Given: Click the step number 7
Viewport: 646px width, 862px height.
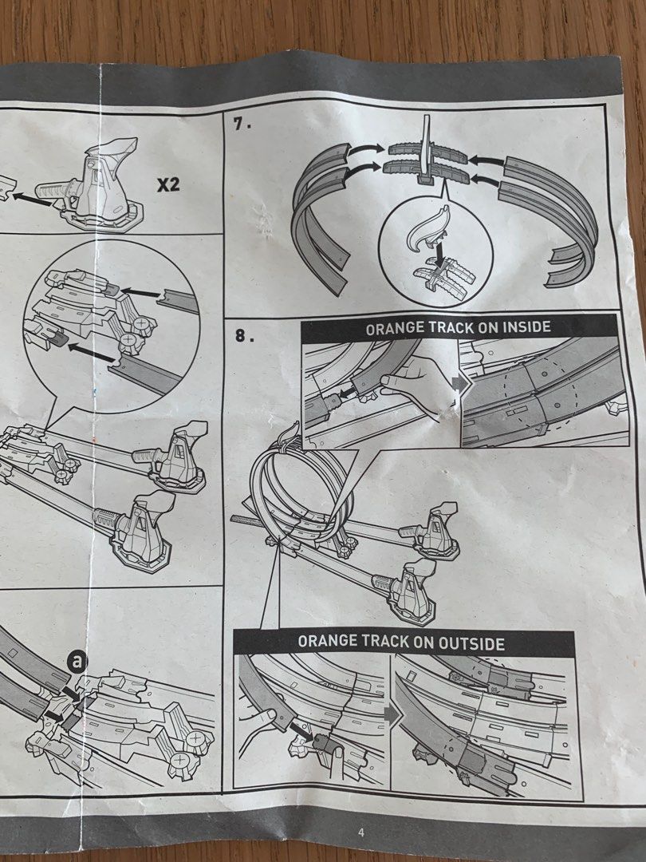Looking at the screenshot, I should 239,125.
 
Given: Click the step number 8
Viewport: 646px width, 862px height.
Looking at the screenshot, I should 242,336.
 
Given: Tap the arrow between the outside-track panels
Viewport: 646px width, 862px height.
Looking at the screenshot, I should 391,713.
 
